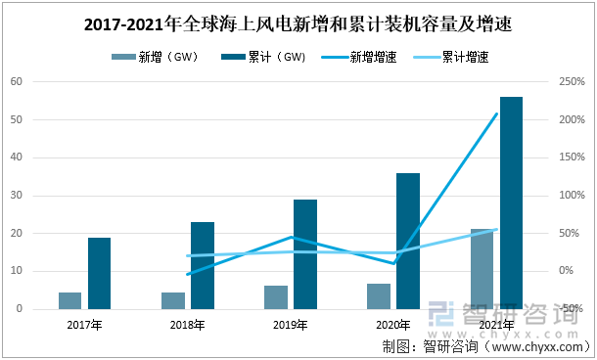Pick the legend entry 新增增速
coord(370,57)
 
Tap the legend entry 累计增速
coord(464,57)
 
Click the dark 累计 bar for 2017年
coord(99,273)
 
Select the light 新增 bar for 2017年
coord(69,300)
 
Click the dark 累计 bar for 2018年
coord(202,265)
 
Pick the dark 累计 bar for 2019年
coord(305,254)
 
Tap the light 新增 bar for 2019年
coord(276,297)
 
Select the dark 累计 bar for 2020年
coord(408,241)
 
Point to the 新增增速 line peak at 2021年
coord(497,113)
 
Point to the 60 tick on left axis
coord(17,81)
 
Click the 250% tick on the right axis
coord(573,81)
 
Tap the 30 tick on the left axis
coord(17,195)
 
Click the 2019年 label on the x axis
coord(291,324)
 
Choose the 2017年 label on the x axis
coord(84,324)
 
